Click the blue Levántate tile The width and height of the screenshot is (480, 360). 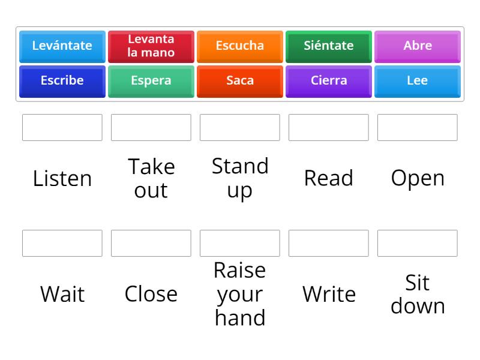(62, 47)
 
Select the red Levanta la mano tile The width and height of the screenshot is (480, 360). (151, 47)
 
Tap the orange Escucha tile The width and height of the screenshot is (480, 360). (239, 47)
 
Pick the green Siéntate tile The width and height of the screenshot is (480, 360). (328, 47)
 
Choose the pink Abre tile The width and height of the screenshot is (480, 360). (417, 47)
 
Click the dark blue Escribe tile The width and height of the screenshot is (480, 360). (62, 82)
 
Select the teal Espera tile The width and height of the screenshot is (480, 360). (151, 82)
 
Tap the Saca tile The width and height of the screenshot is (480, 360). (239, 82)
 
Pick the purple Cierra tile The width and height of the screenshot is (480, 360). (328, 82)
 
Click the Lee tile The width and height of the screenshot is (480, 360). (417, 82)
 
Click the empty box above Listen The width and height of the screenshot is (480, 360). (62, 127)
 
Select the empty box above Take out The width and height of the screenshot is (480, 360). (151, 127)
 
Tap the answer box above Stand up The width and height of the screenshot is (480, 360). (239, 127)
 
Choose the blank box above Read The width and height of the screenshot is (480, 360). (328, 127)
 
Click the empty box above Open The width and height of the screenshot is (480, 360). (417, 127)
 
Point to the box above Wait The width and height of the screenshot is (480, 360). (62, 243)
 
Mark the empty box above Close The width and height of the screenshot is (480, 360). (151, 243)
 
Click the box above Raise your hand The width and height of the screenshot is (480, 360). (239, 243)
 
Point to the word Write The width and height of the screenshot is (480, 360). (329, 294)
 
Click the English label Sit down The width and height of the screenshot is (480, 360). (418, 294)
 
